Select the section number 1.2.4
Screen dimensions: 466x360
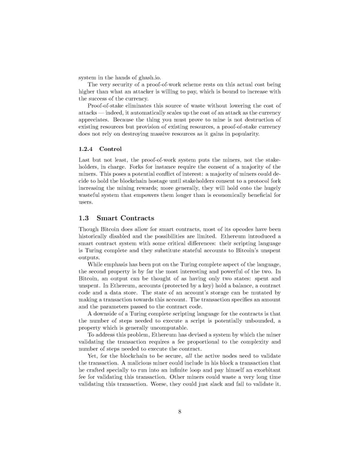[88, 148]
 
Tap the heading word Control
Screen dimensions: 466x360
[110, 148]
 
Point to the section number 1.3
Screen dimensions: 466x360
[86, 218]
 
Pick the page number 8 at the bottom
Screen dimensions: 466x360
[180, 411]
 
